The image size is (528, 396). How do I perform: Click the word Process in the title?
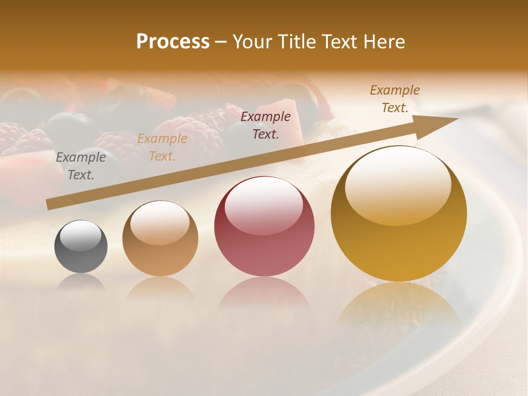tap(173, 41)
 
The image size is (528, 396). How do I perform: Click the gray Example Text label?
tap(81, 166)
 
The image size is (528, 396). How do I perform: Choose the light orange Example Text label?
tap(162, 147)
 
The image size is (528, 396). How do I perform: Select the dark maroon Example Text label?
tap(266, 125)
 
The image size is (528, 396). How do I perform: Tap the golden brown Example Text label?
tap(395, 98)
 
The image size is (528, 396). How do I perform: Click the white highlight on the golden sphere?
tap(398, 184)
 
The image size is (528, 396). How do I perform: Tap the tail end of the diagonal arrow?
tap(51, 204)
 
